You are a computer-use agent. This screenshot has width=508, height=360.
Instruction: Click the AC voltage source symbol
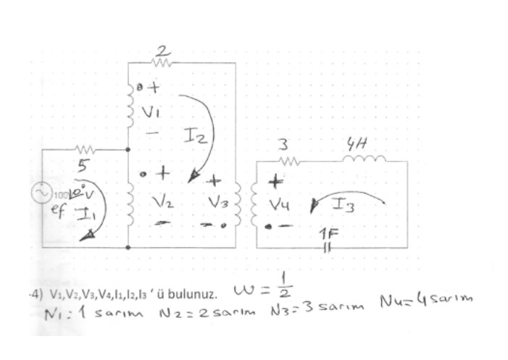click(41, 193)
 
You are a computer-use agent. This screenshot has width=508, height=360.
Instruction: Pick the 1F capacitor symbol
click(327, 246)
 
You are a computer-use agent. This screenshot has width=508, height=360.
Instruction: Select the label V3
click(224, 204)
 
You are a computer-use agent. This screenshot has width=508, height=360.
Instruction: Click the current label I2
click(194, 135)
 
